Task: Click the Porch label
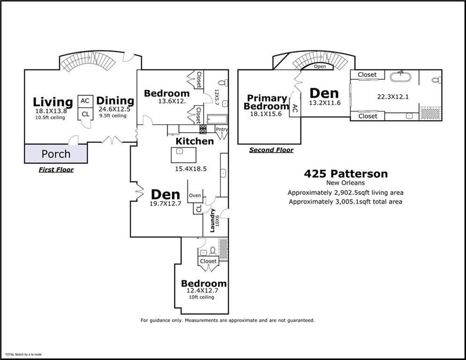[56, 154]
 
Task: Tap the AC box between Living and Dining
[85, 101]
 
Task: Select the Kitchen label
[194, 141]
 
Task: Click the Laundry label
[212, 220]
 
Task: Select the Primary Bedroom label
[267, 102]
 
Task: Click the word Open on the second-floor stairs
[320, 67]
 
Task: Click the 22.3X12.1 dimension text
[393, 97]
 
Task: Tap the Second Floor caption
[271, 150]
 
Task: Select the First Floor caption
[56, 170]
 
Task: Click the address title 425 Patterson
[346, 174]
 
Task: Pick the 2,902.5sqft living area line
[346, 193]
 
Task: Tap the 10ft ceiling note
[201, 297]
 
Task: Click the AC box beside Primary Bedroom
[295, 109]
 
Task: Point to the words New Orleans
[346, 183]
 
